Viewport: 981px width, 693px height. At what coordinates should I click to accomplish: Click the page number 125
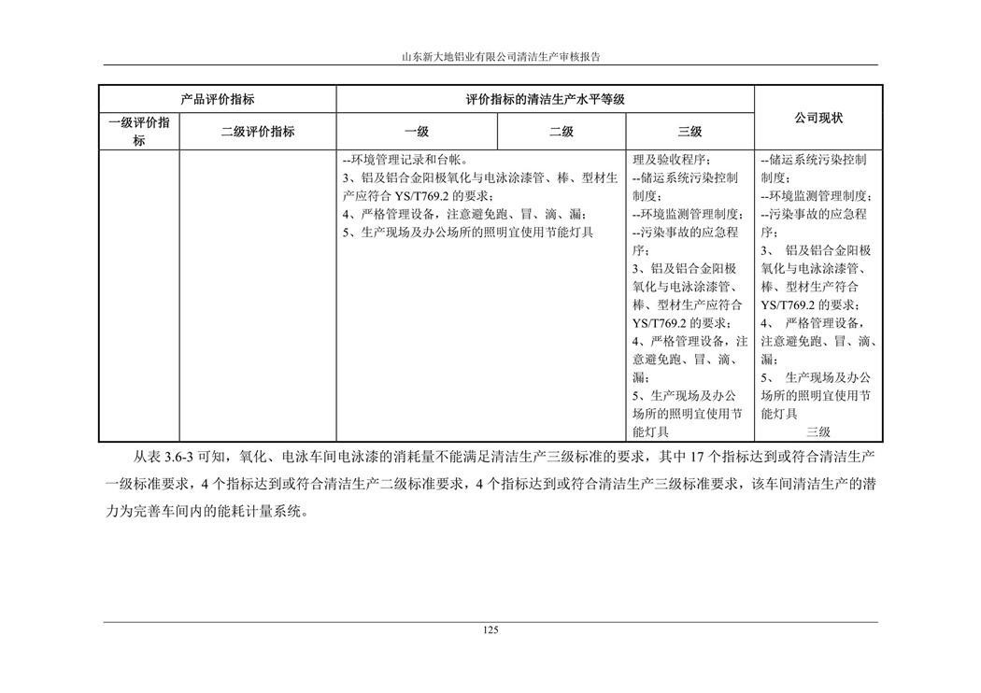490,629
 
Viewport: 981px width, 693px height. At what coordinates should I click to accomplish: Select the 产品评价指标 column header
217,99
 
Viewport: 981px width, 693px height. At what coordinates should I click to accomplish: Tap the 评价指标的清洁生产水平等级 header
545,99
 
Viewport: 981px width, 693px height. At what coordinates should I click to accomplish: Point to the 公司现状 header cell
818,119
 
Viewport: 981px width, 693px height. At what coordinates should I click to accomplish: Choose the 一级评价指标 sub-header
139,132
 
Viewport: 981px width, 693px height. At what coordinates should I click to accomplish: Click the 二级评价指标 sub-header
258,132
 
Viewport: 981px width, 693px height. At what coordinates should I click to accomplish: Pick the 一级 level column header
417,132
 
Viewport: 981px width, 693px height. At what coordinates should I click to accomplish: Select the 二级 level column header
562,132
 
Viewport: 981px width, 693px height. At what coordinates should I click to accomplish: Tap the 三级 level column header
690,132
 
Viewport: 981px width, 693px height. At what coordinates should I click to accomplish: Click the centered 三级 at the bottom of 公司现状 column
818,431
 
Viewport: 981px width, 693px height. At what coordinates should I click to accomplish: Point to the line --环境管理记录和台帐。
405,159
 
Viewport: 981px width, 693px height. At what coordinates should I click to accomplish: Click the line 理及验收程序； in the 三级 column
672,159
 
